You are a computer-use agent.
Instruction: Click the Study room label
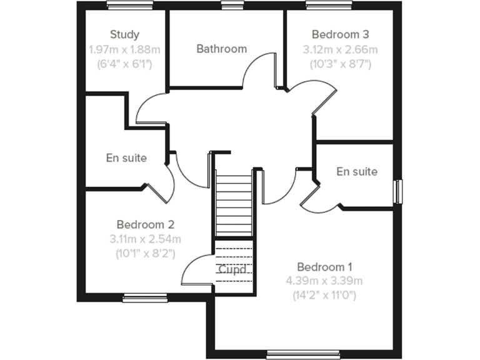124,34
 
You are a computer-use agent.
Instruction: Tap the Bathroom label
221,49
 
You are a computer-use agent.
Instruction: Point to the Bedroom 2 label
145,224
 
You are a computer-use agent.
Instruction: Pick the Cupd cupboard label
232,270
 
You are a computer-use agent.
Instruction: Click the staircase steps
233,202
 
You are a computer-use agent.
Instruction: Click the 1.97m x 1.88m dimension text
124,49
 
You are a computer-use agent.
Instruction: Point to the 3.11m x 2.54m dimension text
145,239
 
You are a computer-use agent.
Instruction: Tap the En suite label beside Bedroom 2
126,158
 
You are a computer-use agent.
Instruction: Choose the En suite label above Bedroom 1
357,171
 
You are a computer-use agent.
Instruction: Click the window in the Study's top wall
129,5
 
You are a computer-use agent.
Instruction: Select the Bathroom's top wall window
232,5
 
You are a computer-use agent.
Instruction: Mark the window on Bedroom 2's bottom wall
144,298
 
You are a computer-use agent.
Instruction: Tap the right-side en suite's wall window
398,191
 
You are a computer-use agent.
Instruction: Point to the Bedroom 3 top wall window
328,5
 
